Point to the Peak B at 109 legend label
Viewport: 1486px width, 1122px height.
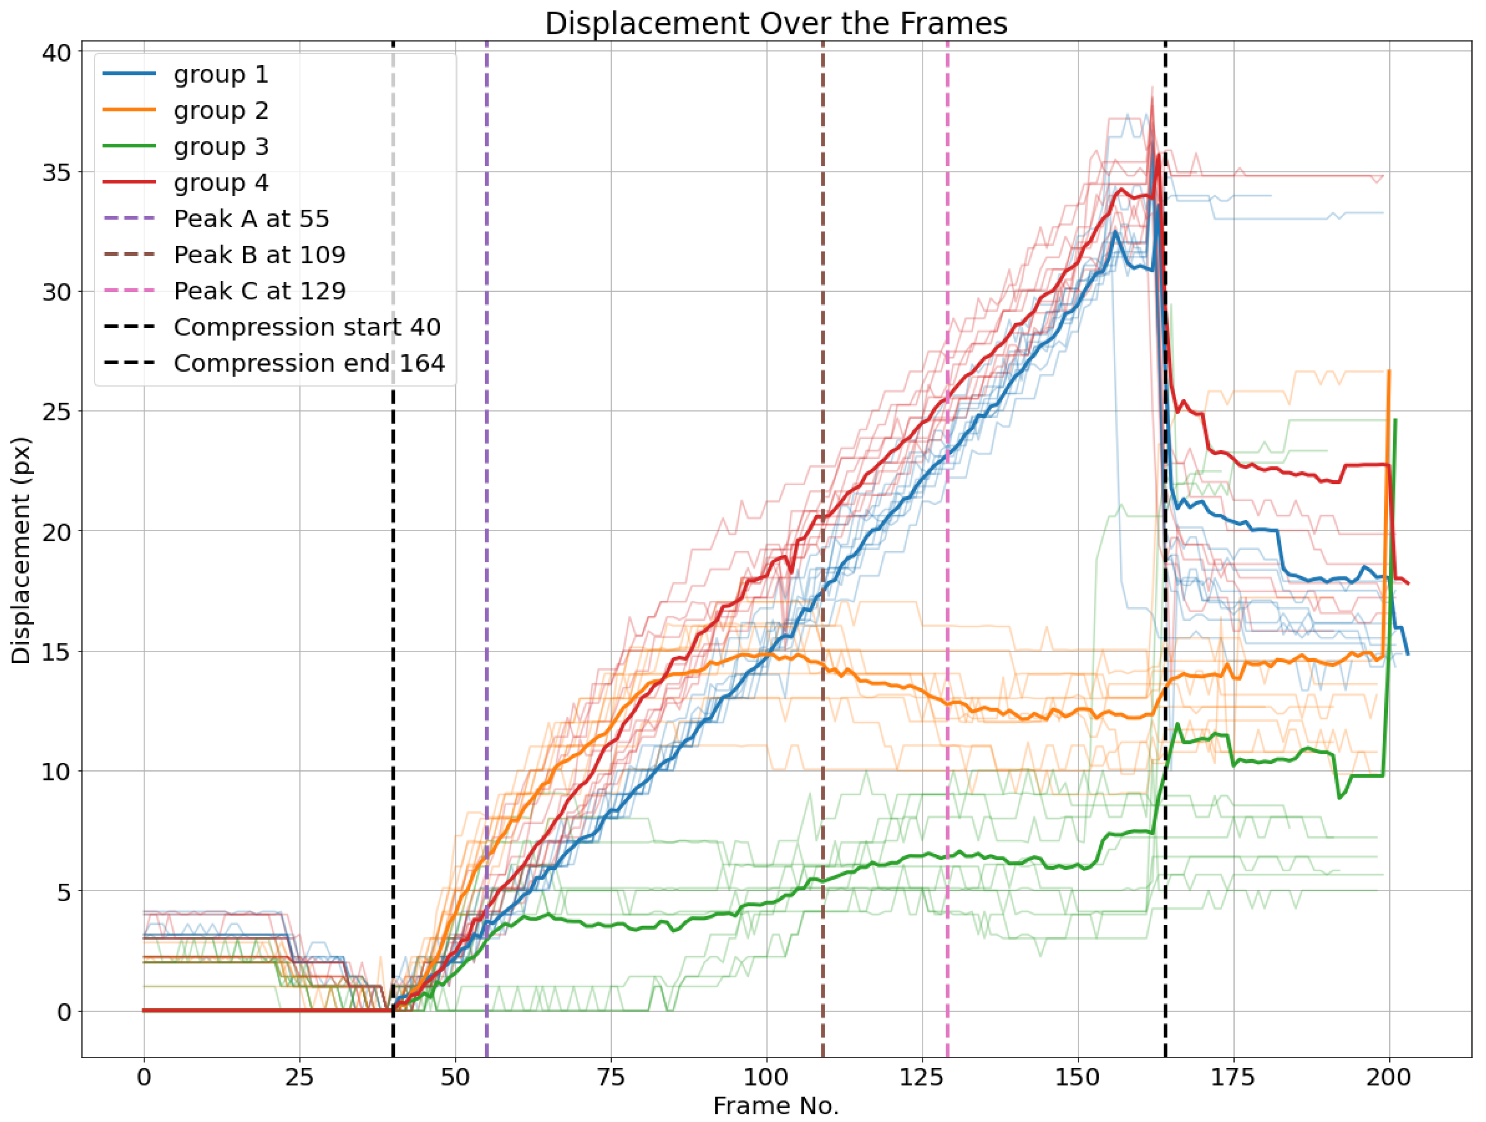259,255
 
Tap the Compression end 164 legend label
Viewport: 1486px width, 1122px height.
309,363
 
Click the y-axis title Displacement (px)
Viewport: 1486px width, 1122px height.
21,551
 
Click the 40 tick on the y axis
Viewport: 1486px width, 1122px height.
57,52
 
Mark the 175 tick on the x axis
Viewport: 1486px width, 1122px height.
1233,1078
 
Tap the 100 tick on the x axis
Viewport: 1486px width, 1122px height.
767,1078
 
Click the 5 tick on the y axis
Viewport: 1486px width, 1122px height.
64,892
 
